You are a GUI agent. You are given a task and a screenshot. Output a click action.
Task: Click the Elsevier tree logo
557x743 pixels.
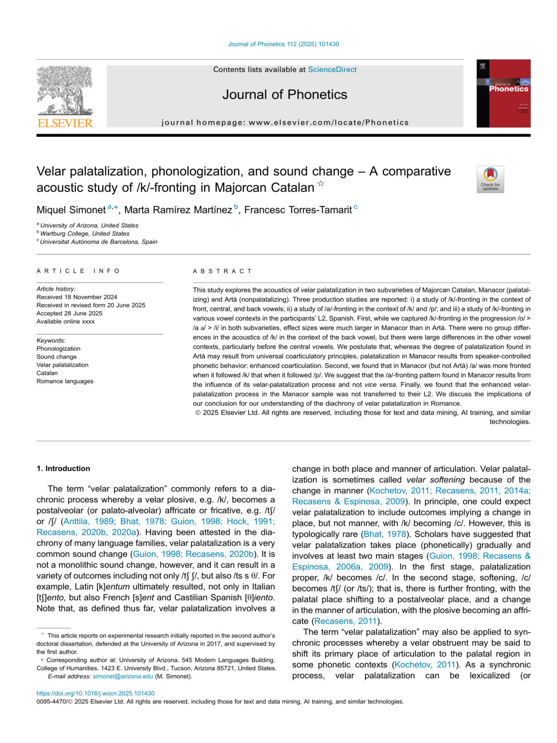65,96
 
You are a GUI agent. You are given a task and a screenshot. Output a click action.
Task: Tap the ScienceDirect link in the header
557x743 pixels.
332,70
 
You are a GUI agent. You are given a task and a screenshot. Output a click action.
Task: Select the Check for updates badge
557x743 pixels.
490,179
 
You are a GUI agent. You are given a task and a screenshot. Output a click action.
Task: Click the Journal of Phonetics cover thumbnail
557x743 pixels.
503,93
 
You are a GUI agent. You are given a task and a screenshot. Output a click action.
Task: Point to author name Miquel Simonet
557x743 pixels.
71,210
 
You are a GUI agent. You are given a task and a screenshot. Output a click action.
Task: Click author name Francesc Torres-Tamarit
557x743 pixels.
298,210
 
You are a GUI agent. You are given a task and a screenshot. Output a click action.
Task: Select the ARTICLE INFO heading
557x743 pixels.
78,271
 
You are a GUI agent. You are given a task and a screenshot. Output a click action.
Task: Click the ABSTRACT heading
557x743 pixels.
223,271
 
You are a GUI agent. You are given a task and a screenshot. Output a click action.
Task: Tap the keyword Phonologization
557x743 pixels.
58,349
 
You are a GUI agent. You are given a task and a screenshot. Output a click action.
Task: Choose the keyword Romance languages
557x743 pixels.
65,381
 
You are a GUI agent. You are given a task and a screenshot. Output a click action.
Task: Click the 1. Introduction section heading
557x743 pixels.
64,468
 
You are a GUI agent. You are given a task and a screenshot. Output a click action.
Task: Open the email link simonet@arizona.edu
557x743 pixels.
123,676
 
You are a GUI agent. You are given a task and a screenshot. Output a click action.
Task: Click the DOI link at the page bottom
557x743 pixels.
96,693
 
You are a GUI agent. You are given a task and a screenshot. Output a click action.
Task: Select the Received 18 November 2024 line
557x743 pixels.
77,297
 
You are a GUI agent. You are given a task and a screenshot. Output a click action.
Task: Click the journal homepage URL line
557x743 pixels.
285,122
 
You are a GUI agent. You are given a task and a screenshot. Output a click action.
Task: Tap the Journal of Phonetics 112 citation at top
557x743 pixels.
284,44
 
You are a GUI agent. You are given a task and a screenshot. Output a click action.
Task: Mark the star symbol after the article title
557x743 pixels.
321,184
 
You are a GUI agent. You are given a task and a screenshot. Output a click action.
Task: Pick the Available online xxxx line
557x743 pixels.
65,321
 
